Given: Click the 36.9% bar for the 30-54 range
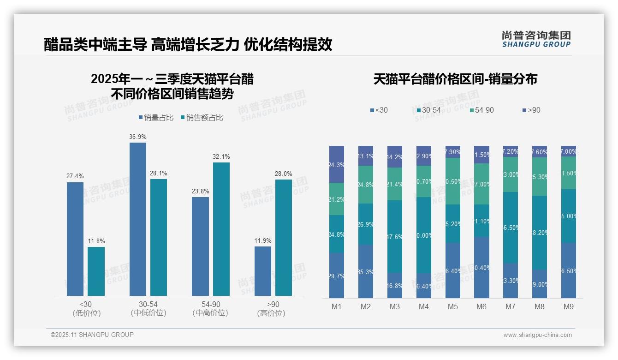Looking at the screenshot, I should (x=138, y=219).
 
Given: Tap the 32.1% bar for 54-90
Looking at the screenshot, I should (x=221, y=229).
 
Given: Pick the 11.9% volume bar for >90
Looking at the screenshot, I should (x=263, y=271).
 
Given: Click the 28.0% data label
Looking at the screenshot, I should (x=284, y=174).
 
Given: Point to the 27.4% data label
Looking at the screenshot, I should (x=75, y=176).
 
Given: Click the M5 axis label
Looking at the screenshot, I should (x=452, y=307).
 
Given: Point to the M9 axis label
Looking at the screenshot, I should (x=568, y=307).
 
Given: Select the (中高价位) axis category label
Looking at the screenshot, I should (x=210, y=313).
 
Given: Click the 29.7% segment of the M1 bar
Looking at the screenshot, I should (x=337, y=276).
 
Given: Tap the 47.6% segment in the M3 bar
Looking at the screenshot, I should (x=394, y=236).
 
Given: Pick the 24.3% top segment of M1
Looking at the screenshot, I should (x=337, y=164).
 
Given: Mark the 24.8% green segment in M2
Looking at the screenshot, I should (x=366, y=185).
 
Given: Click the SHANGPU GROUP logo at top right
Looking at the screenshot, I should (x=536, y=39).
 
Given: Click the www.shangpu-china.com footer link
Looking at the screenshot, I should (x=537, y=335).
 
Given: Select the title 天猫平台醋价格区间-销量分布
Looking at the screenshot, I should (x=455, y=79).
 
